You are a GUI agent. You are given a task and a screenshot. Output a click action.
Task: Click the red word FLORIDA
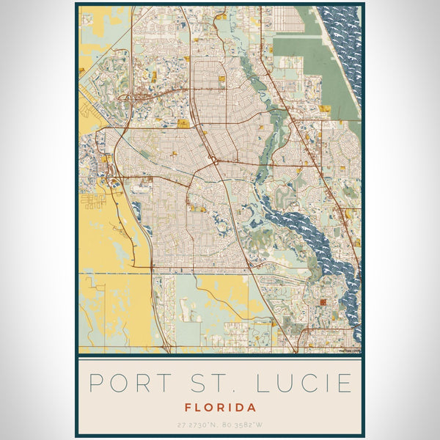coord(220,407)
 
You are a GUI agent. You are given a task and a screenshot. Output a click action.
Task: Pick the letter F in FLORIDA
coord(188,407)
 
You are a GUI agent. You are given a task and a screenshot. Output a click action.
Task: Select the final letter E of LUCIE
coord(344,383)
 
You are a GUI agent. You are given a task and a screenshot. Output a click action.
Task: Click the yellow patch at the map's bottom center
coord(220,293)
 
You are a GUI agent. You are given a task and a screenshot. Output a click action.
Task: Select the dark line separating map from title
coord(220,355)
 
